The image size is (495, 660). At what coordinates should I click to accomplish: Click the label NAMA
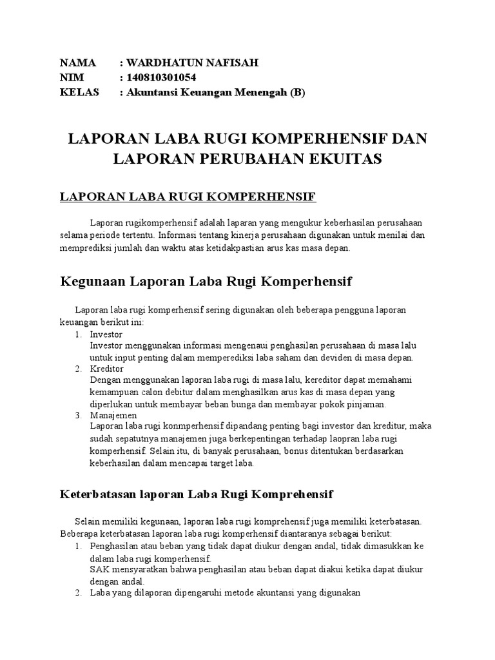tap(77, 63)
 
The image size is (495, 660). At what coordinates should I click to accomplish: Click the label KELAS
tap(79, 92)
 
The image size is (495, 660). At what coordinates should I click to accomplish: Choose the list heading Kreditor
tap(107, 369)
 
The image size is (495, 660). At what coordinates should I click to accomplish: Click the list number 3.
tap(77, 416)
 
